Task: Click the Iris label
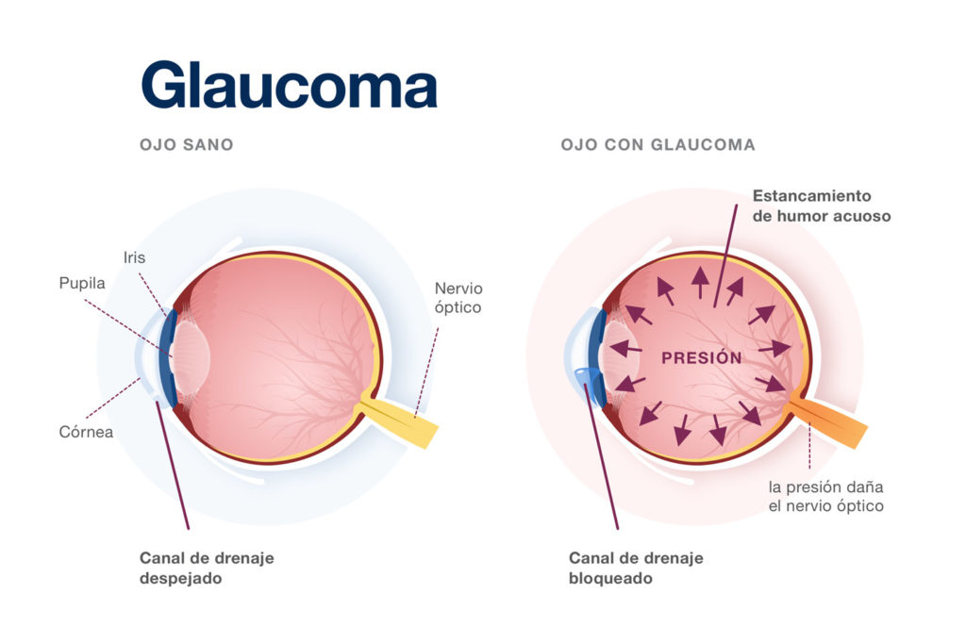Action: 134,256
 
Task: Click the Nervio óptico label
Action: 458,297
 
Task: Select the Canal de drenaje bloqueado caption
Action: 635,568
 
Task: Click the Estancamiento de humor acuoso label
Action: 821,206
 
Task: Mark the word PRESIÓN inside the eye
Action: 701,358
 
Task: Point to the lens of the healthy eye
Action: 192,358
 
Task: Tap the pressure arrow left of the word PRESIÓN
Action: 625,349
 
